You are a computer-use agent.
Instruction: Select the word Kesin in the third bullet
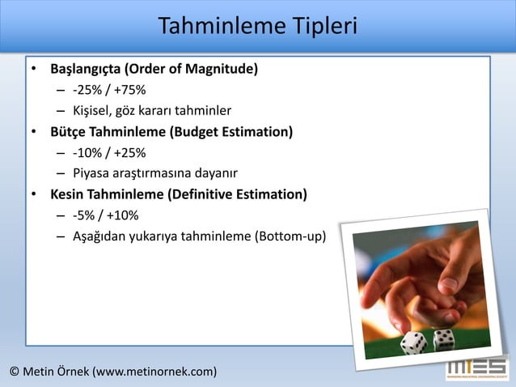coord(69,194)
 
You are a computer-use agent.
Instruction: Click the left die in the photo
coord(414,342)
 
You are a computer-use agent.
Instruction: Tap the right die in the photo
coord(444,339)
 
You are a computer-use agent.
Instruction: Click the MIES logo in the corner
coord(477,370)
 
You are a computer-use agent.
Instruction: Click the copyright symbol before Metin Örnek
coord(15,372)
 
